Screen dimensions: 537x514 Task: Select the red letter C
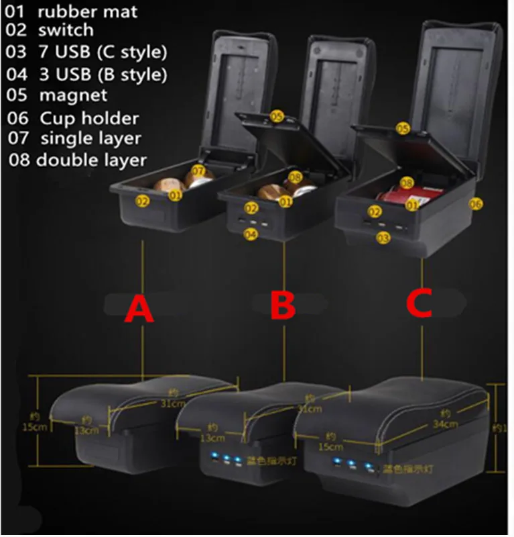click(423, 303)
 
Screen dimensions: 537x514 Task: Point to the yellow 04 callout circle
click(251, 234)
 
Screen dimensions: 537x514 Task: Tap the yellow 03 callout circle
click(384, 237)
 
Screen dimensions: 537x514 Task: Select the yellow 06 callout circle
click(476, 203)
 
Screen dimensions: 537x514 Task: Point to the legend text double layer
click(91, 160)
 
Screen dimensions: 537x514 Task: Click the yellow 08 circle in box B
click(296, 177)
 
